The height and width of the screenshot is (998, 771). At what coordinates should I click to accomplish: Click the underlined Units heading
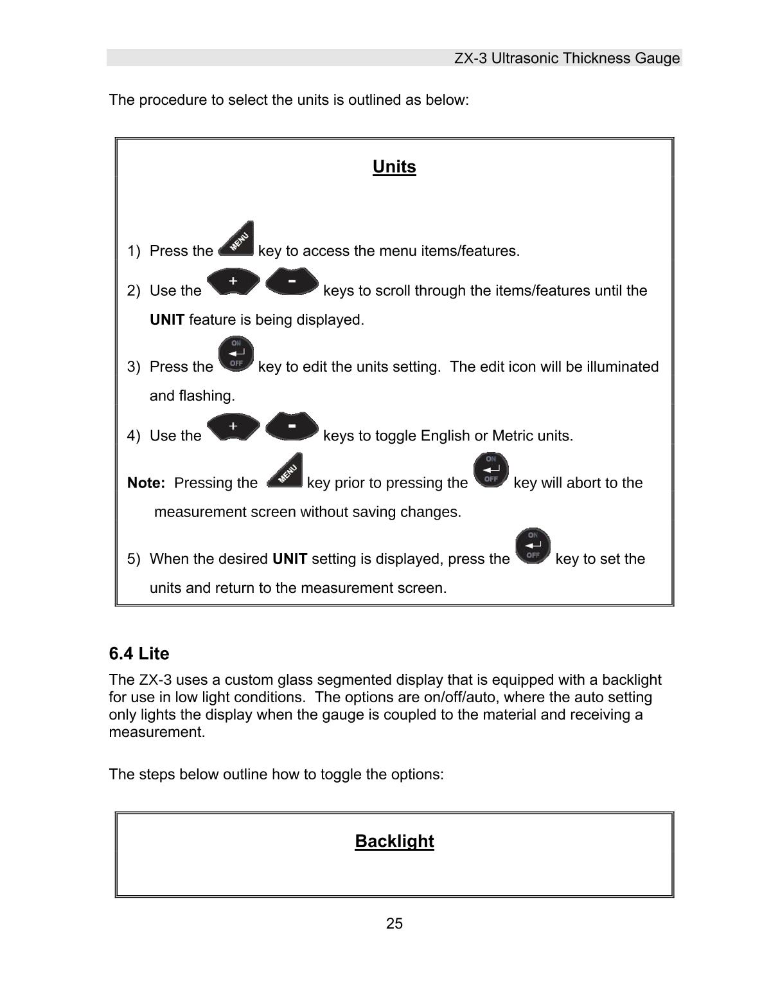click(x=394, y=167)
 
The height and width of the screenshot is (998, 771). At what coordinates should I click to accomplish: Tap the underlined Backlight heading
click(x=394, y=841)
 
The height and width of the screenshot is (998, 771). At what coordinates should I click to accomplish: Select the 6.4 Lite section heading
click(x=139, y=653)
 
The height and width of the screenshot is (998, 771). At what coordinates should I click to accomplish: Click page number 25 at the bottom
click(x=394, y=923)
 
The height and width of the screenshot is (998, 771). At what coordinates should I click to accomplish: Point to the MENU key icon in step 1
click(x=236, y=240)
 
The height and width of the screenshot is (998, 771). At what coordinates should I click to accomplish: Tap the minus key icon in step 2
click(x=292, y=282)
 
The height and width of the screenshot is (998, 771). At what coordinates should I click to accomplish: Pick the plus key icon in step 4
click(x=233, y=427)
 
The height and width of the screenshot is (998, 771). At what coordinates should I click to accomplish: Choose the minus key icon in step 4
click(x=292, y=427)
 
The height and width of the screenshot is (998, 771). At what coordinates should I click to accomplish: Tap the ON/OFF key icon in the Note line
click(x=491, y=470)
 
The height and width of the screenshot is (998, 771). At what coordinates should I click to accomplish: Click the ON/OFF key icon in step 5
click(x=533, y=547)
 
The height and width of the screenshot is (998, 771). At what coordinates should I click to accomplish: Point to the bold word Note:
click(x=146, y=483)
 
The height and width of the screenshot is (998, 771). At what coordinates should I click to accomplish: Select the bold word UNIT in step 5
click(x=290, y=559)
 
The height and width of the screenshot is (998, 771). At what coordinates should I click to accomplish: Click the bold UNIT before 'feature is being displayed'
click(x=167, y=320)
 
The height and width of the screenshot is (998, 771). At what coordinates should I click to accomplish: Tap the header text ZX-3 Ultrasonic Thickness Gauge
click(x=567, y=59)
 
